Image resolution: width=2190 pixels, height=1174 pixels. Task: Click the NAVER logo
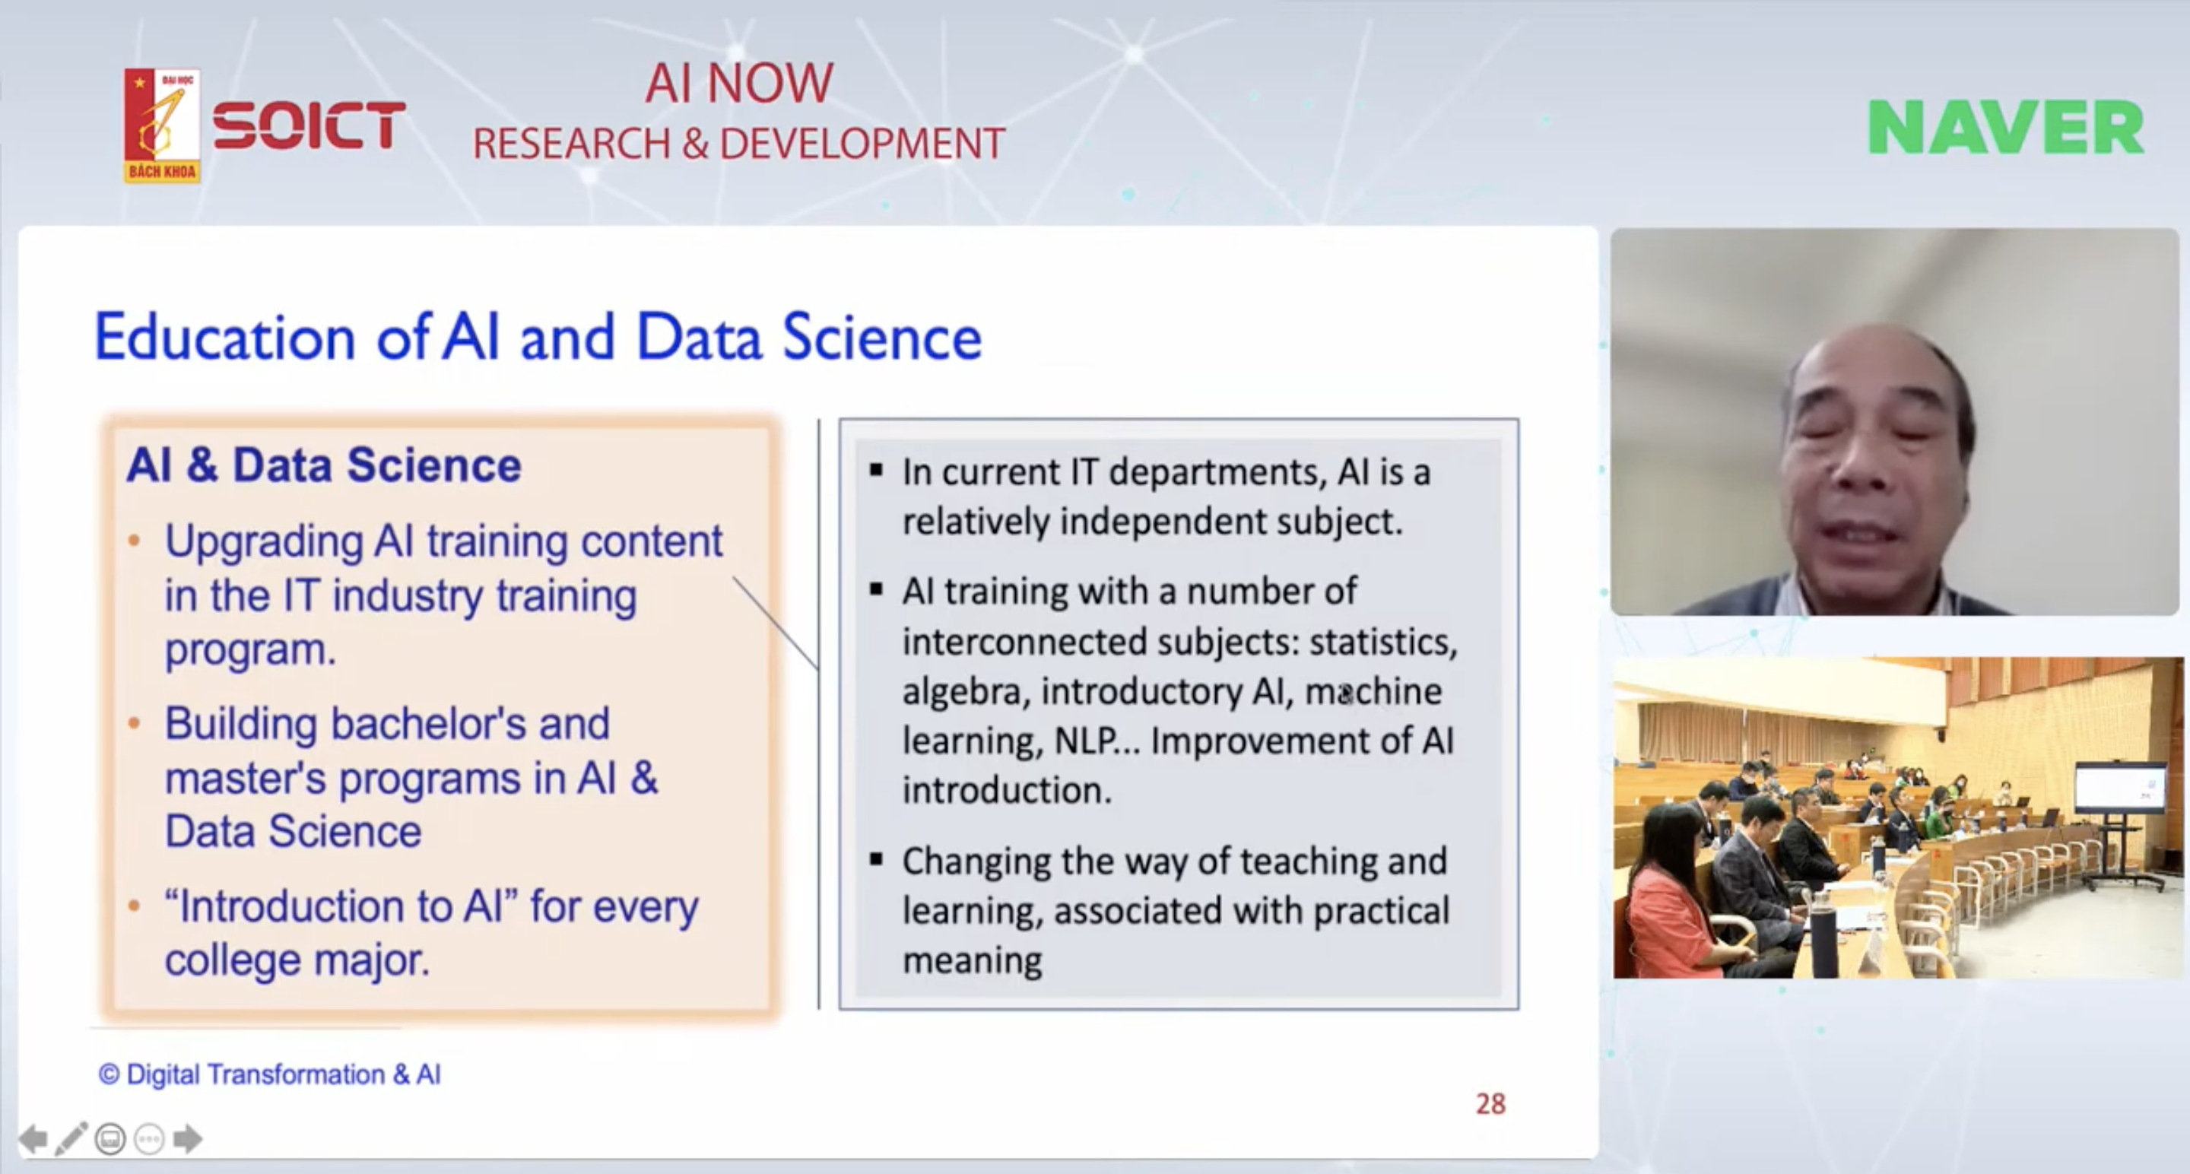tap(2005, 128)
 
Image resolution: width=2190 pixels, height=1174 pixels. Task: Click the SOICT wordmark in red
tap(309, 125)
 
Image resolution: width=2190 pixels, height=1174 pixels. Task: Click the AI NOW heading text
tap(739, 84)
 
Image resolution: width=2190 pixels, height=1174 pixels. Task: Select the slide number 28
tap(1490, 1103)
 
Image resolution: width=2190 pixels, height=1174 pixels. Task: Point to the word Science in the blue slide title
tap(881, 338)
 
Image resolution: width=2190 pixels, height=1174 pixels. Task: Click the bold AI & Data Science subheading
tap(324, 465)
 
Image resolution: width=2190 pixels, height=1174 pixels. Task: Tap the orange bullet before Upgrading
tap(134, 541)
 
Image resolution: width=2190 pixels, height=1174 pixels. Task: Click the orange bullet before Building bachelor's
tap(134, 723)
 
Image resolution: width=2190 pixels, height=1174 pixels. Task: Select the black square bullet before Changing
tap(877, 859)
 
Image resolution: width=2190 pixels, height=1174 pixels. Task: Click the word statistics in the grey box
tap(1383, 642)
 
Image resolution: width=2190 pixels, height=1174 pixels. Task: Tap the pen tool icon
tap(71, 1138)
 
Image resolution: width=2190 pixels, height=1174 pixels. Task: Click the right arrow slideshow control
tap(188, 1138)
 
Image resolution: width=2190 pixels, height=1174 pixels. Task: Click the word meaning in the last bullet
tap(972, 960)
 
